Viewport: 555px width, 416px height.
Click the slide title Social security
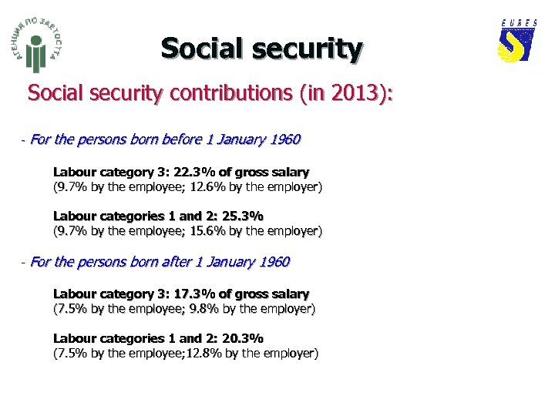click(261, 49)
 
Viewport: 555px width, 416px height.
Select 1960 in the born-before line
click(283, 140)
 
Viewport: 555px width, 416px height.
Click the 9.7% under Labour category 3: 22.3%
click(69, 187)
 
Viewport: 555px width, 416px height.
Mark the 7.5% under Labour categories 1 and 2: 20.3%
click(69, 354)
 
